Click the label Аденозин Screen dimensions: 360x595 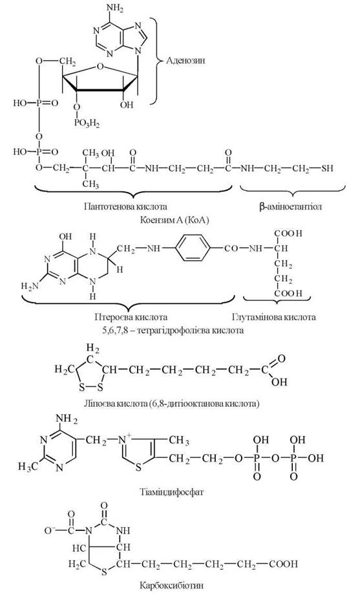(186, 60)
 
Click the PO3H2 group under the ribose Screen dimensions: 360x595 (85, 124)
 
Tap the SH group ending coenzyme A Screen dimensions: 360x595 (328, 168)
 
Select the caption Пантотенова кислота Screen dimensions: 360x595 (126, 207)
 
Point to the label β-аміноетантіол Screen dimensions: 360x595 (291, 207)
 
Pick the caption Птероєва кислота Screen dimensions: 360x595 (131, 316)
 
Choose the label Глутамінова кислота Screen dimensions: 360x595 (273, 316)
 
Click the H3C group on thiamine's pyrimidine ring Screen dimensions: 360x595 (28, 466)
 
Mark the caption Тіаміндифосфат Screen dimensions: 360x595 (172, 492)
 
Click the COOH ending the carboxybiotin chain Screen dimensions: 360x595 (284, 564)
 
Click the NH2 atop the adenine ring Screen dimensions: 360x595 (116, 9)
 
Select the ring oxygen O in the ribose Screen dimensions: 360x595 (100, 67)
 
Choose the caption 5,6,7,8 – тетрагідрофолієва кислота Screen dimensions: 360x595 (173, 330)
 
